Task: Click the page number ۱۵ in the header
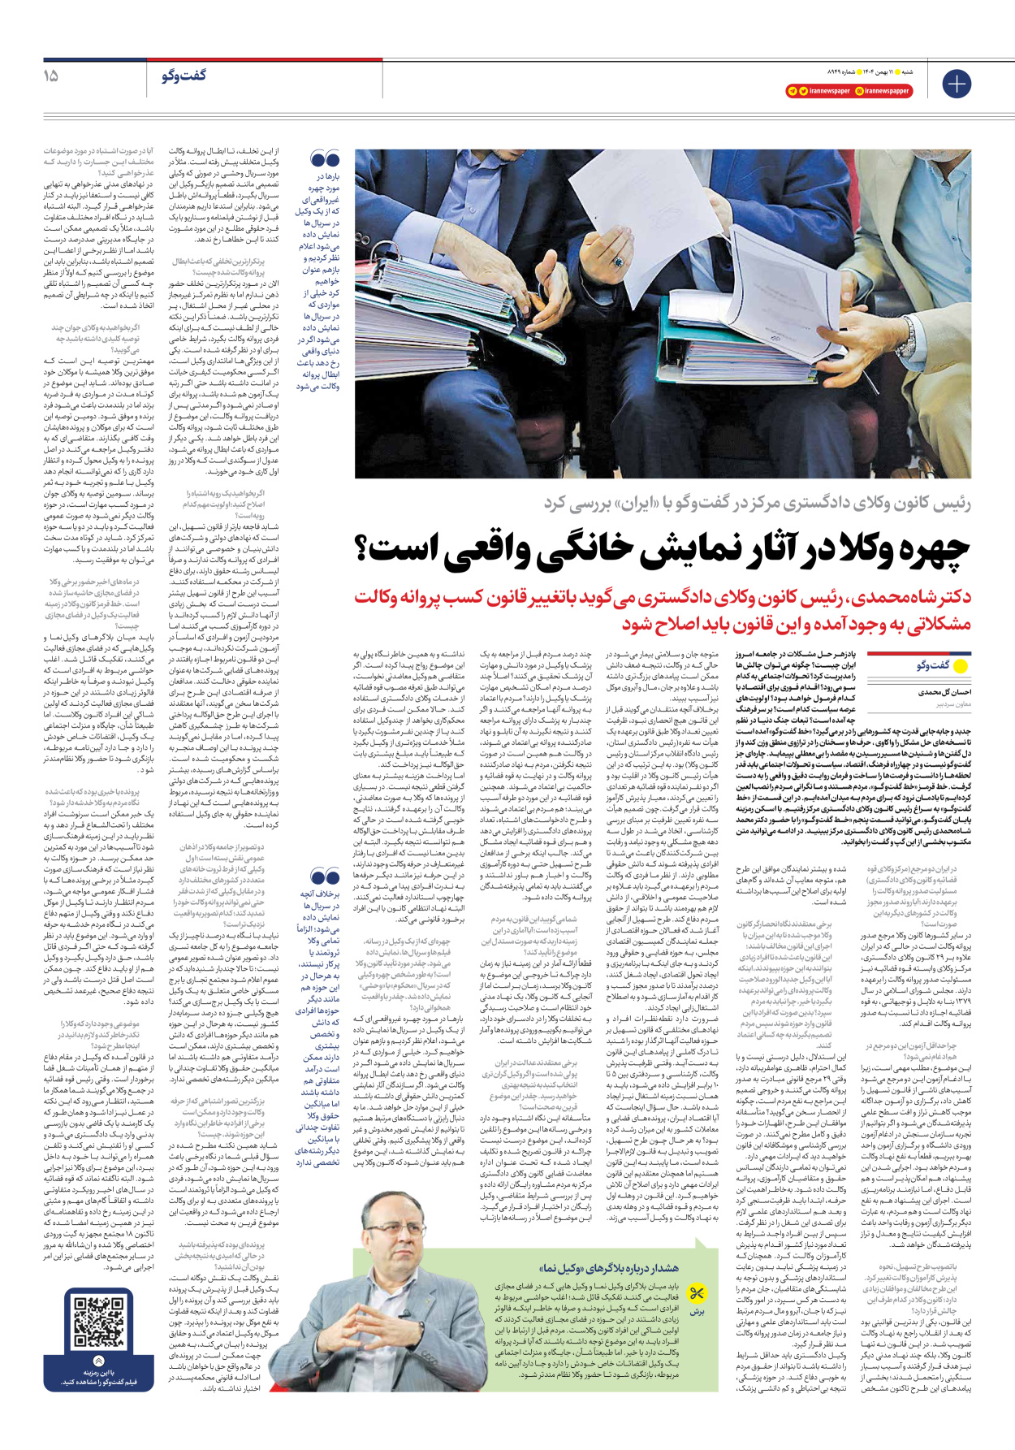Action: [x=51, y=76]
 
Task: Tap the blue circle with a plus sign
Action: [x=957, y=84]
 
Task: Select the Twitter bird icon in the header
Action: [x=803, y=91]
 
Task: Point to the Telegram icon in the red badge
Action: [x=793, y=91]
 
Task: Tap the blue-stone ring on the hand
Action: [x=618, y=262]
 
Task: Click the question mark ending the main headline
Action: [x=363, y=549]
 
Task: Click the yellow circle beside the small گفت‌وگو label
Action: [x=960, y=666]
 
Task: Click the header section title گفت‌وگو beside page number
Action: [x=184, y=76]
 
